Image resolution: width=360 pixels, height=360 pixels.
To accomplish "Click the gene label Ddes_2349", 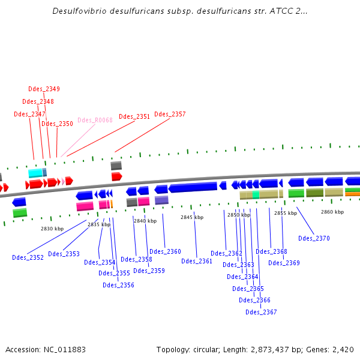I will coord(44,89).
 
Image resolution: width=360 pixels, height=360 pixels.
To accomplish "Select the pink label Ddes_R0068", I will coord(95,120).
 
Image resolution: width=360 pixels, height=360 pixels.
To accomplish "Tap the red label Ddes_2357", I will coord(170,114).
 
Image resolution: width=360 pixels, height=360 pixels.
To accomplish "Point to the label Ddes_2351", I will coord(134,116).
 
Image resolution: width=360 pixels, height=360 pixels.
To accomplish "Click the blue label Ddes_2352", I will coord(28,257).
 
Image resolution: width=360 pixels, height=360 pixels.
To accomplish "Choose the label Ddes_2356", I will coord(118,285).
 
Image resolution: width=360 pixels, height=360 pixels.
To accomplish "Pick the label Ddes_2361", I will coord(197,261).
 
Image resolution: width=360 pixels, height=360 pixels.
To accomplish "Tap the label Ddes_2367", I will coord(261,311).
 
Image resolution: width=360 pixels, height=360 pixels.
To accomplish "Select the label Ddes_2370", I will coord(314,238).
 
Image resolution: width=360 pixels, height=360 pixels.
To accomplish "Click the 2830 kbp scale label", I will coord(52,229).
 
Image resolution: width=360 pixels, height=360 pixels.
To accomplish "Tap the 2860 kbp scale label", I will coord(332,212).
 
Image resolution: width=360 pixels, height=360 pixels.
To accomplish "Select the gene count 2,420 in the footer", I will coord(343,349).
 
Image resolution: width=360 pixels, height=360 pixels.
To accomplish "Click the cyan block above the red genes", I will coord(35,173).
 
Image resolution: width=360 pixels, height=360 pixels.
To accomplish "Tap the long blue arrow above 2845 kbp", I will coord(192,187).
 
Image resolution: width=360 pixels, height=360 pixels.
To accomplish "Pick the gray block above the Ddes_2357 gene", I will coord(116,165).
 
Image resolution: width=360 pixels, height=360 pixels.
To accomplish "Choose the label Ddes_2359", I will coord(149,271).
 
